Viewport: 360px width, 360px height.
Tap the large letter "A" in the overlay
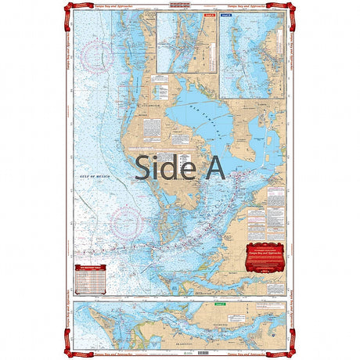pos(211,167)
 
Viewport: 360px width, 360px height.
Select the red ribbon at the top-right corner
pos(290,7)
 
